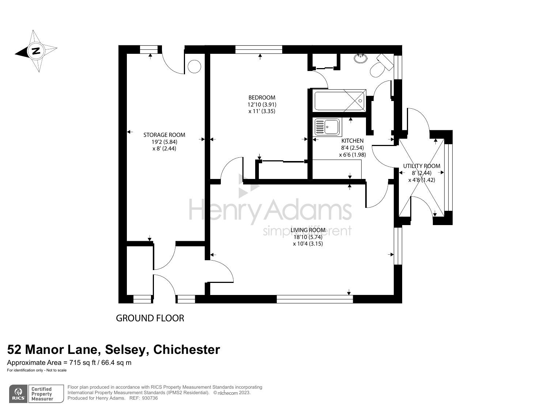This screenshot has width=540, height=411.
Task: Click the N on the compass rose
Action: click(x=36, y=51)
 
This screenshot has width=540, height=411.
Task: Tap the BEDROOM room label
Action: click(x=262, y=98)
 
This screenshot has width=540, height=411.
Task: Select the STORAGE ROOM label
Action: click(x=164, y=135)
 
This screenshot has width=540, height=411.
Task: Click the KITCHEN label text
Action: click(x=352, y=141)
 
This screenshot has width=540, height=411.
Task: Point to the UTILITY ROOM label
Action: click(x=422, y=166)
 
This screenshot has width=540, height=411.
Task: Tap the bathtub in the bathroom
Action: click(x=339, y=101)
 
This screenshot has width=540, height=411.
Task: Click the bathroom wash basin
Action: click(x=361, y=57)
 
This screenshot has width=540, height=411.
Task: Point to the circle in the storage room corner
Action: click(x=194, y=67)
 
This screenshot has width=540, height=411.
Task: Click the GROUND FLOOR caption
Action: click(x=150, y=318)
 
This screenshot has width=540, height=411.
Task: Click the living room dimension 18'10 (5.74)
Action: click(x=308, y=237)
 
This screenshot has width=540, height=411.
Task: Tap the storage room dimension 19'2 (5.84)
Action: click(x=165, y=142)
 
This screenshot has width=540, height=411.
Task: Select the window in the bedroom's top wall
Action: click(x=259, y=49)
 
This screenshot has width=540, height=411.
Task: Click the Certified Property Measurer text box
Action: click(x=42, y=394)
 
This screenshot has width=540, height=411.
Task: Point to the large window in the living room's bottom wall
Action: click(x=315, y=299)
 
